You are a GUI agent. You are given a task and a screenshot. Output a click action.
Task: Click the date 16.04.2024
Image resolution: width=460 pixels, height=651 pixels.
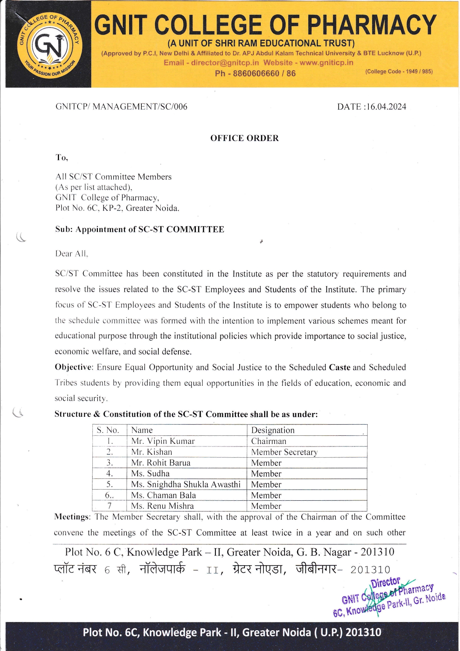click(386, 107)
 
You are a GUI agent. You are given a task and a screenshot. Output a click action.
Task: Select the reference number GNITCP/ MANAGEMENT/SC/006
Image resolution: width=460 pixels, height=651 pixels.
click(121, 107)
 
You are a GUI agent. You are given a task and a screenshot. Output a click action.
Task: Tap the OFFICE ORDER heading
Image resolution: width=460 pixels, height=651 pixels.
click(244, 138)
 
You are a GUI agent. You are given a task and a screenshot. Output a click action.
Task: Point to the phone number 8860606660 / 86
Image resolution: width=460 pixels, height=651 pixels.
click(255, 73)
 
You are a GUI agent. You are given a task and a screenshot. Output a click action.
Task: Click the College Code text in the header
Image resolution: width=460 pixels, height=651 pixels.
click(399, 72)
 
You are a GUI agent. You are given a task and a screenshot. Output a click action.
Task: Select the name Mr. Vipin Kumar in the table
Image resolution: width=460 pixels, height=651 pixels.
click(163, 441)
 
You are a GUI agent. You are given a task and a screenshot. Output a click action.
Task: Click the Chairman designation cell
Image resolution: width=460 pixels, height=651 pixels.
click(269, 441)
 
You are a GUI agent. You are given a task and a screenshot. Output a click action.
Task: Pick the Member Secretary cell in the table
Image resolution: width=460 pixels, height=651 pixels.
click(284, 452)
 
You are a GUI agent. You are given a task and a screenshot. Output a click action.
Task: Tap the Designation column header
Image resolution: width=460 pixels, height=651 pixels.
click(273, 430)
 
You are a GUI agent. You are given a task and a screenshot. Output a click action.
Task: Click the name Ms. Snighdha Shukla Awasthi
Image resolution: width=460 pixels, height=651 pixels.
click(185, 484)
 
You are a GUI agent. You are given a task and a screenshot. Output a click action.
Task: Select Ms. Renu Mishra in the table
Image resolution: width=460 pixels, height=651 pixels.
click(162, 506)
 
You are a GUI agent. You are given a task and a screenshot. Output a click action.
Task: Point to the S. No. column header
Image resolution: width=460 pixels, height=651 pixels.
click(108, 430)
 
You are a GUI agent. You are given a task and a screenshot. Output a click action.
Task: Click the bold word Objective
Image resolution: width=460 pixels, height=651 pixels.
click(73, 367)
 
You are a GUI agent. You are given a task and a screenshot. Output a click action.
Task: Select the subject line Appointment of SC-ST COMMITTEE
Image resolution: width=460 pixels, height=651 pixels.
click(149, 229)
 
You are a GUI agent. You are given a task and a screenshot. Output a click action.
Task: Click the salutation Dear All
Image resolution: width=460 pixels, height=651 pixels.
click(71, 254)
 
